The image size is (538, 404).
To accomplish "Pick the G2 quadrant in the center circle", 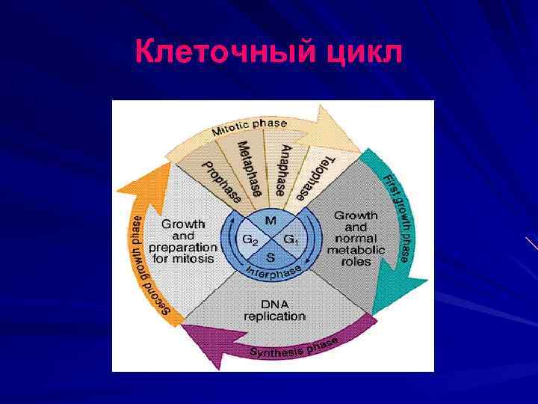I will [x=250, y=239].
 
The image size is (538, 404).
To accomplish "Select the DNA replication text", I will [x=274, y=310].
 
